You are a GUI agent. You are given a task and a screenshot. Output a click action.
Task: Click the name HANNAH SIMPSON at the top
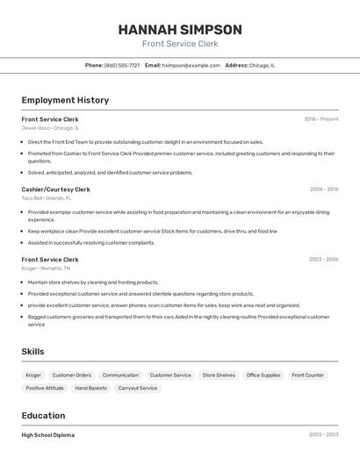tap(180, 29)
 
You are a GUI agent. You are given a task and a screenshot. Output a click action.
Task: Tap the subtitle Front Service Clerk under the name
tap(180, 44)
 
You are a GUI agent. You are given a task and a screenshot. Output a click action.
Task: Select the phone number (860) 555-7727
tap(122, 65)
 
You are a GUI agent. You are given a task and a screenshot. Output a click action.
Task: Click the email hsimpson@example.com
tap(191, 65)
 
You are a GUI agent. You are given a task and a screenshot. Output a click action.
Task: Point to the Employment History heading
tap(65, 100)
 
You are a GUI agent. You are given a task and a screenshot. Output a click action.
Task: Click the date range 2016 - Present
tap(321, 118)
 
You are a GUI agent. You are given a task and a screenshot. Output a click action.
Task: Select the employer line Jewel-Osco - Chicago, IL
tap(50, 128)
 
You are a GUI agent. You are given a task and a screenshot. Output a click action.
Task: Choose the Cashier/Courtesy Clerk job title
tap(55, 189)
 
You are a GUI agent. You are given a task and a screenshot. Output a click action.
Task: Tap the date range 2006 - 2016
tap(324, 189)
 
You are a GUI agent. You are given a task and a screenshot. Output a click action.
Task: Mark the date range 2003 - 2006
tap(324, 260)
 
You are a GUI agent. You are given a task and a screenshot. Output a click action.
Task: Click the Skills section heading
tap(33, 352)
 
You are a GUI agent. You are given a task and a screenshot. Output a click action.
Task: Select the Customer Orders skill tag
tap(71, 375)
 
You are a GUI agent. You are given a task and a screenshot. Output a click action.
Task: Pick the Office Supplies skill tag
tap(263, 375)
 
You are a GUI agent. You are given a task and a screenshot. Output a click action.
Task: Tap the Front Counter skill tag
tap(308, 375)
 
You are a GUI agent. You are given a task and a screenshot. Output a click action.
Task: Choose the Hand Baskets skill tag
tap(90, 388)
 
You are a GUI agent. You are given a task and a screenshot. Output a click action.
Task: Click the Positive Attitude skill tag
tap(45, 388)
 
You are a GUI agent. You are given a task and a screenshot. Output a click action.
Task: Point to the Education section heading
tap(43, 415)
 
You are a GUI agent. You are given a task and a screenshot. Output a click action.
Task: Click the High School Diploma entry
tap(48, 435)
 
